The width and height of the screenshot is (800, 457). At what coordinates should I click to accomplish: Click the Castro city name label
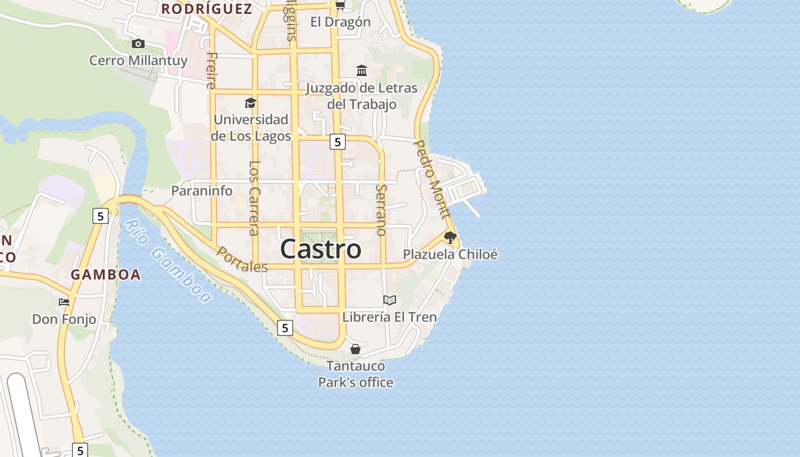321,250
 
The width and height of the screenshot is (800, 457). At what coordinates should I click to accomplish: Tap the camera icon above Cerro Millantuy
138,44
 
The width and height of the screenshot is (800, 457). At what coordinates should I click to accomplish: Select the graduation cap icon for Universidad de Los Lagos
250,103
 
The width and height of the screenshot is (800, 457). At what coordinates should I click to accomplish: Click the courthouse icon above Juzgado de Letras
362,71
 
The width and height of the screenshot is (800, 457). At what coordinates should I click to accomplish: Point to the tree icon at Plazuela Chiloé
450,237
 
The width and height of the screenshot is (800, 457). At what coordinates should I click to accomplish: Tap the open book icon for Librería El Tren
390,300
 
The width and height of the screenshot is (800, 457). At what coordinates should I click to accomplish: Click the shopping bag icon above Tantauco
355,349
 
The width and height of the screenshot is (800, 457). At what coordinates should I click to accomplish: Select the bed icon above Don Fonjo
64,302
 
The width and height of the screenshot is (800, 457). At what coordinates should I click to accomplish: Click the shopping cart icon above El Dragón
341,6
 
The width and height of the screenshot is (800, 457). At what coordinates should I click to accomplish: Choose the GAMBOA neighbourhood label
106,275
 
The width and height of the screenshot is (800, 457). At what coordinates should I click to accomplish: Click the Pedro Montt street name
432,180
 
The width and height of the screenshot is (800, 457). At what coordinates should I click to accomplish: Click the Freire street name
211,70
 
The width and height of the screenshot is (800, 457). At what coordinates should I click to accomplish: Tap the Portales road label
242,259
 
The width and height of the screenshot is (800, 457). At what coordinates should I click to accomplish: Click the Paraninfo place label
202,191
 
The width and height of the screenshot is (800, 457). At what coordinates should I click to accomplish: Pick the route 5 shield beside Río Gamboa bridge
100,216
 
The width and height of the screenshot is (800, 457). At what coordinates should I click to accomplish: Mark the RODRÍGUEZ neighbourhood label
206,9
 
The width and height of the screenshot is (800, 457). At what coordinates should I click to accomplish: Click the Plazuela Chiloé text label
450,255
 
